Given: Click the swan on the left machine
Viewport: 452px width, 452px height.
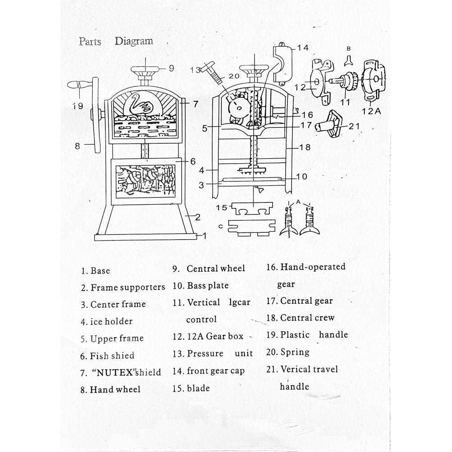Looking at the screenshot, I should [140, 105].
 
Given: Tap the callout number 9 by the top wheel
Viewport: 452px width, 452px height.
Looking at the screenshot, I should [171, 68].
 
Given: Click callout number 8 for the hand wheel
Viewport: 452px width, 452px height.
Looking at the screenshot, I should [77, 146].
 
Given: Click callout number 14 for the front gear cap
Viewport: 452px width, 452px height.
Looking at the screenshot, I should [302, 47].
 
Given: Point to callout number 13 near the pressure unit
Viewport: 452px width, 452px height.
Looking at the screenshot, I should [195, 70].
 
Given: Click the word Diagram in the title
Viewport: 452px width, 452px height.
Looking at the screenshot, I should [134, 41].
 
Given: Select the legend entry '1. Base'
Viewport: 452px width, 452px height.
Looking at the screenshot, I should [95, 271].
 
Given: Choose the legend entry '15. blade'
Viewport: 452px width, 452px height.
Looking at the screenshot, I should [191, 388].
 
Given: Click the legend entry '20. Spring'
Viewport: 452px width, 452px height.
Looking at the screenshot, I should [288, 352].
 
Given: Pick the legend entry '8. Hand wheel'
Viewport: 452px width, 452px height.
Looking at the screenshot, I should [110, 389].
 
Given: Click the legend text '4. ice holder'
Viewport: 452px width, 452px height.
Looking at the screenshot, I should [107, 321].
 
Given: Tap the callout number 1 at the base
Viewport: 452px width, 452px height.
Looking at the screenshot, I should [204, 235].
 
